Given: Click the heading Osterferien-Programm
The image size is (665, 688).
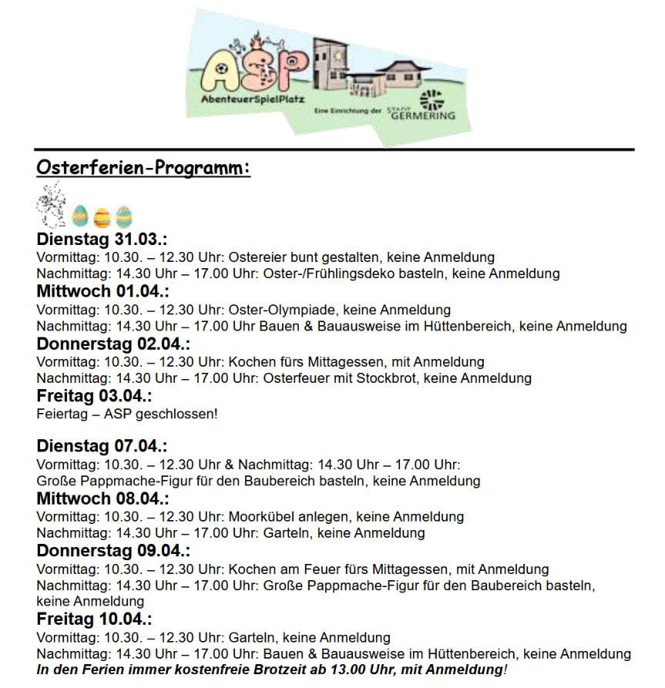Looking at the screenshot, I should click(143, 168).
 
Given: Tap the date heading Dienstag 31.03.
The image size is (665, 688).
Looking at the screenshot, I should click(102, 240).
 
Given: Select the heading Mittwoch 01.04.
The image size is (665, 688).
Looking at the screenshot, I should click(102, 292).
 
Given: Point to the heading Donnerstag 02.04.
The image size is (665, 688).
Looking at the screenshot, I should click(113, 344).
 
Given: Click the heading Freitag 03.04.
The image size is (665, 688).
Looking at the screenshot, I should click(94, 397).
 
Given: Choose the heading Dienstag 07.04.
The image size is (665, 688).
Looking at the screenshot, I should click(102, 447).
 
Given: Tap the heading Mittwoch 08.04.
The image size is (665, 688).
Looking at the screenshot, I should click(102, 498).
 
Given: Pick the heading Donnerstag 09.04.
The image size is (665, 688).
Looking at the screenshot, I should click(113, 551).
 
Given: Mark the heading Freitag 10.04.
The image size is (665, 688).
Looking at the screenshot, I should click(94, 619).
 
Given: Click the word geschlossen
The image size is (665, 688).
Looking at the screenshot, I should click(176, 414).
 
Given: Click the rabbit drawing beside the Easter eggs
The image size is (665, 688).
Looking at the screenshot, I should click(51, 204).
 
